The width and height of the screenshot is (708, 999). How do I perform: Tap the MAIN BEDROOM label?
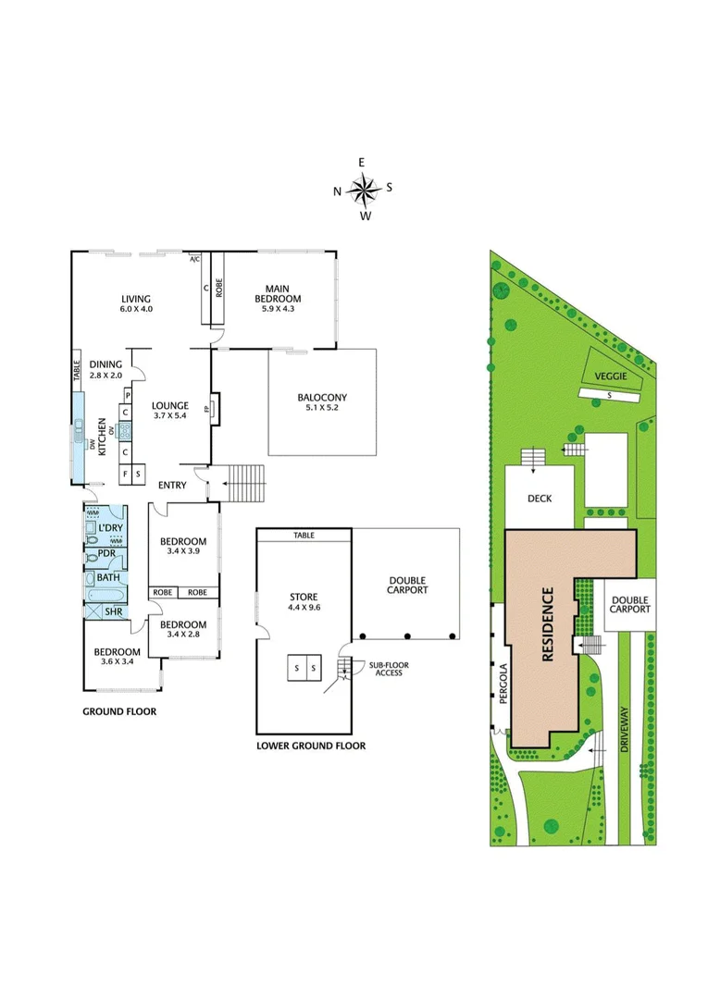[278, 293]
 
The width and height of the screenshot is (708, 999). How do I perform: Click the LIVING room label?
[135, 298]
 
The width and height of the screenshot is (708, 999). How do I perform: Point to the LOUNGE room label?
[170, 405]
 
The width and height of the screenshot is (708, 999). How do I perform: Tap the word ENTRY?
[172, 486]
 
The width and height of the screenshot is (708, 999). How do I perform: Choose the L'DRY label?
[110, 528]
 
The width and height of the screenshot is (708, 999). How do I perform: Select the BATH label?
[108, 577]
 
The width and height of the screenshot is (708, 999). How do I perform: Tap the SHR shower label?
[112, 611]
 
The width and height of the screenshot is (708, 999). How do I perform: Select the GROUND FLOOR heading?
[119, 712]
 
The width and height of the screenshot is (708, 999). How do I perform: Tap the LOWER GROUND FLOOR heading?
[310, 745]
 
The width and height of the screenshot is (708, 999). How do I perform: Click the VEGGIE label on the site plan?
[611, 376]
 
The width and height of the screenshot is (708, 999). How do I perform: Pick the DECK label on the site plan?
[540, 499]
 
